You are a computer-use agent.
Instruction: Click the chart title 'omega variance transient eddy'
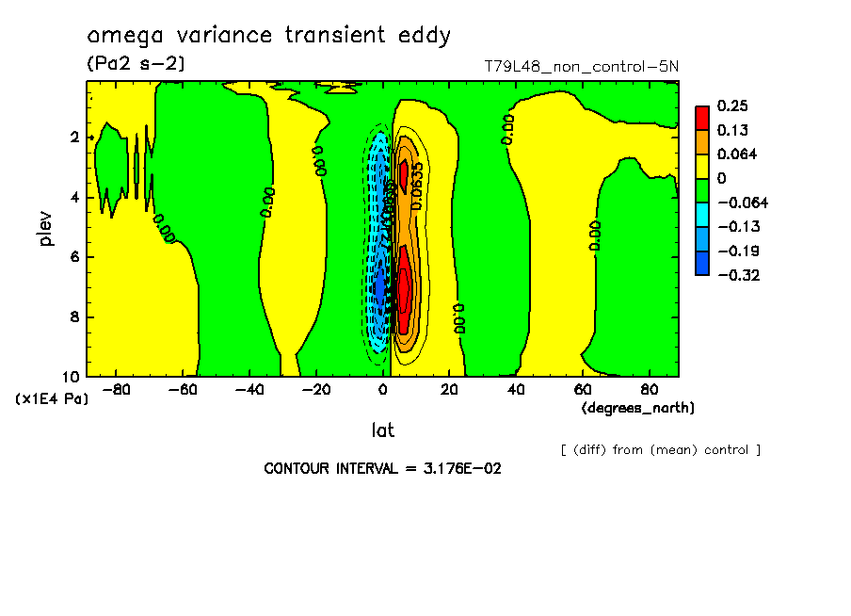(268, 36)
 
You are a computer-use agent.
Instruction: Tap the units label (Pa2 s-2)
(136, 64)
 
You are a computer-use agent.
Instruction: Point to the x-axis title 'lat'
(381, 430)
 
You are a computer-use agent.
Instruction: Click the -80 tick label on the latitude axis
(116, 389)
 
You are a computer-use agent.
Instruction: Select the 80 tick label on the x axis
(650, 389)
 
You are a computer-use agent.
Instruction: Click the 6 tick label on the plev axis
(76, 257)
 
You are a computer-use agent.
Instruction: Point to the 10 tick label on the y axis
(72, 377)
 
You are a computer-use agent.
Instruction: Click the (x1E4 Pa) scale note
(52, 399)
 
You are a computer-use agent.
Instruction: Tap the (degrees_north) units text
(638, 408)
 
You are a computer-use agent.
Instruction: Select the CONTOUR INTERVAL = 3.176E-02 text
(382, 468)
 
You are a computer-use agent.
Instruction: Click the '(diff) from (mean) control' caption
(660, 449)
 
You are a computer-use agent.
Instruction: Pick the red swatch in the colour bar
(702, 117)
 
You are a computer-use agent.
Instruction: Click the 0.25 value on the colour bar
(732, 105)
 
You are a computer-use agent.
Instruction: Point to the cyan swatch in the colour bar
(702, 214)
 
